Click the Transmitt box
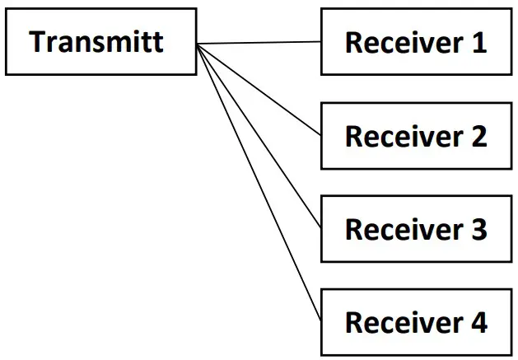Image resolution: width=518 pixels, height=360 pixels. point(101,41)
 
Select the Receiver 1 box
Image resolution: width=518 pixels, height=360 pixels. point(417,42)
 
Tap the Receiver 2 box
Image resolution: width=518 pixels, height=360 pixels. point(417,136)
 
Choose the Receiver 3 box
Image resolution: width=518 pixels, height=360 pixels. point(417,229)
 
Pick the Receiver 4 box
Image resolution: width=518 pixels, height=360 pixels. point(417,322)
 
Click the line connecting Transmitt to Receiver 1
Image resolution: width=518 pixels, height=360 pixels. point(259,42)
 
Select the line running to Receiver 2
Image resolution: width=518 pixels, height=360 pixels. point(259,89)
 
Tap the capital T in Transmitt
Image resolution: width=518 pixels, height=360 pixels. point(38,41)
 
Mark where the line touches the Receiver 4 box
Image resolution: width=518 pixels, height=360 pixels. point(320,322)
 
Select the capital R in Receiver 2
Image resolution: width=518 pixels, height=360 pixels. point(354,136)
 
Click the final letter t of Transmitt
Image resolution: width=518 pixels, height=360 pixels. point(157,41)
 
